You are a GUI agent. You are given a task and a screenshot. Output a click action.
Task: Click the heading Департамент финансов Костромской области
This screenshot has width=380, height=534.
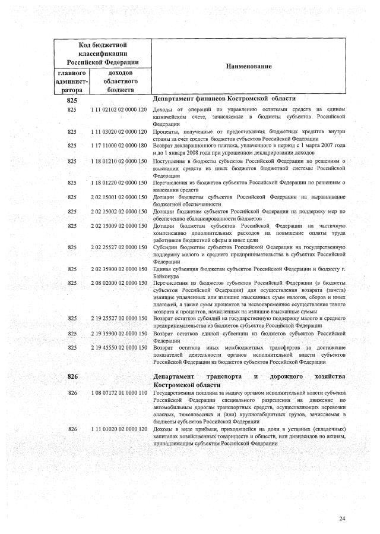coord(224,99)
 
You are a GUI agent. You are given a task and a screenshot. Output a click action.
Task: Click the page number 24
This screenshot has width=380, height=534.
coord(342,519)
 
